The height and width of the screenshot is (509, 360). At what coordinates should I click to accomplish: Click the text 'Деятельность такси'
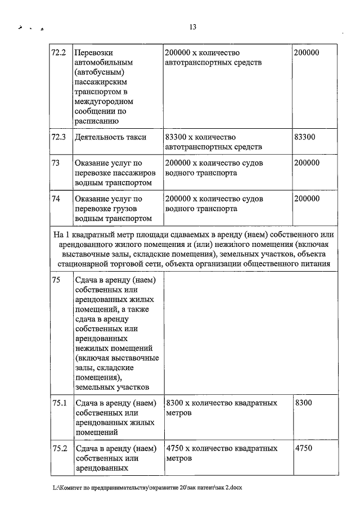110,137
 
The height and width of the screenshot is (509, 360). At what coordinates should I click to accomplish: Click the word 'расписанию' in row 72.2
96,120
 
